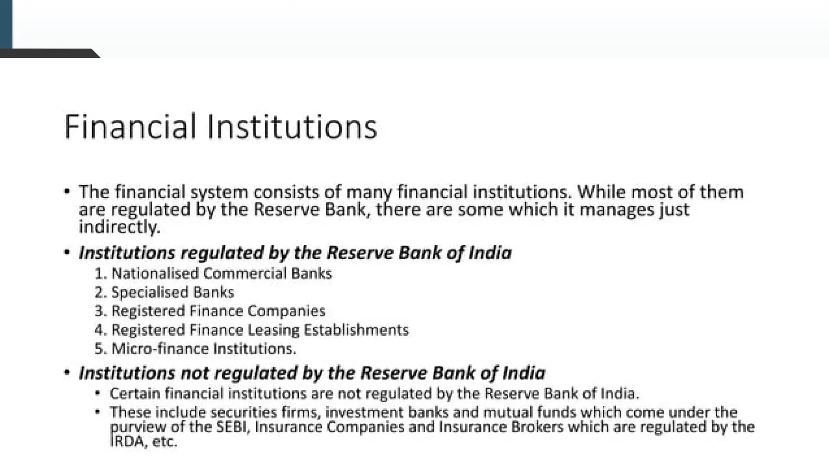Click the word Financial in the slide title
click(x=130, y=127)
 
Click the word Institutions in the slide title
click(x=292, y=127)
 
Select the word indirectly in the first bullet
click(x=119, y=227)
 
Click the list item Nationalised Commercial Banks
click(x=221, y=273)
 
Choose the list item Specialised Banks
click(x=172, y=292)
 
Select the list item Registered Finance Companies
click(x=218, y=311)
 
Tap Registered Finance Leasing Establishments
click(x=260, y=330)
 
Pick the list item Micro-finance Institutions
click(x=204, y=349)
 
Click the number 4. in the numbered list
click(x=100, y=330)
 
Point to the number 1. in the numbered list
click(x=100, y=273)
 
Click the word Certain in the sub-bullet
click(x=135, y=394)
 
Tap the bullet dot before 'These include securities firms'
click(x=97, y=412)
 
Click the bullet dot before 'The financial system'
click(x=67, y=191)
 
